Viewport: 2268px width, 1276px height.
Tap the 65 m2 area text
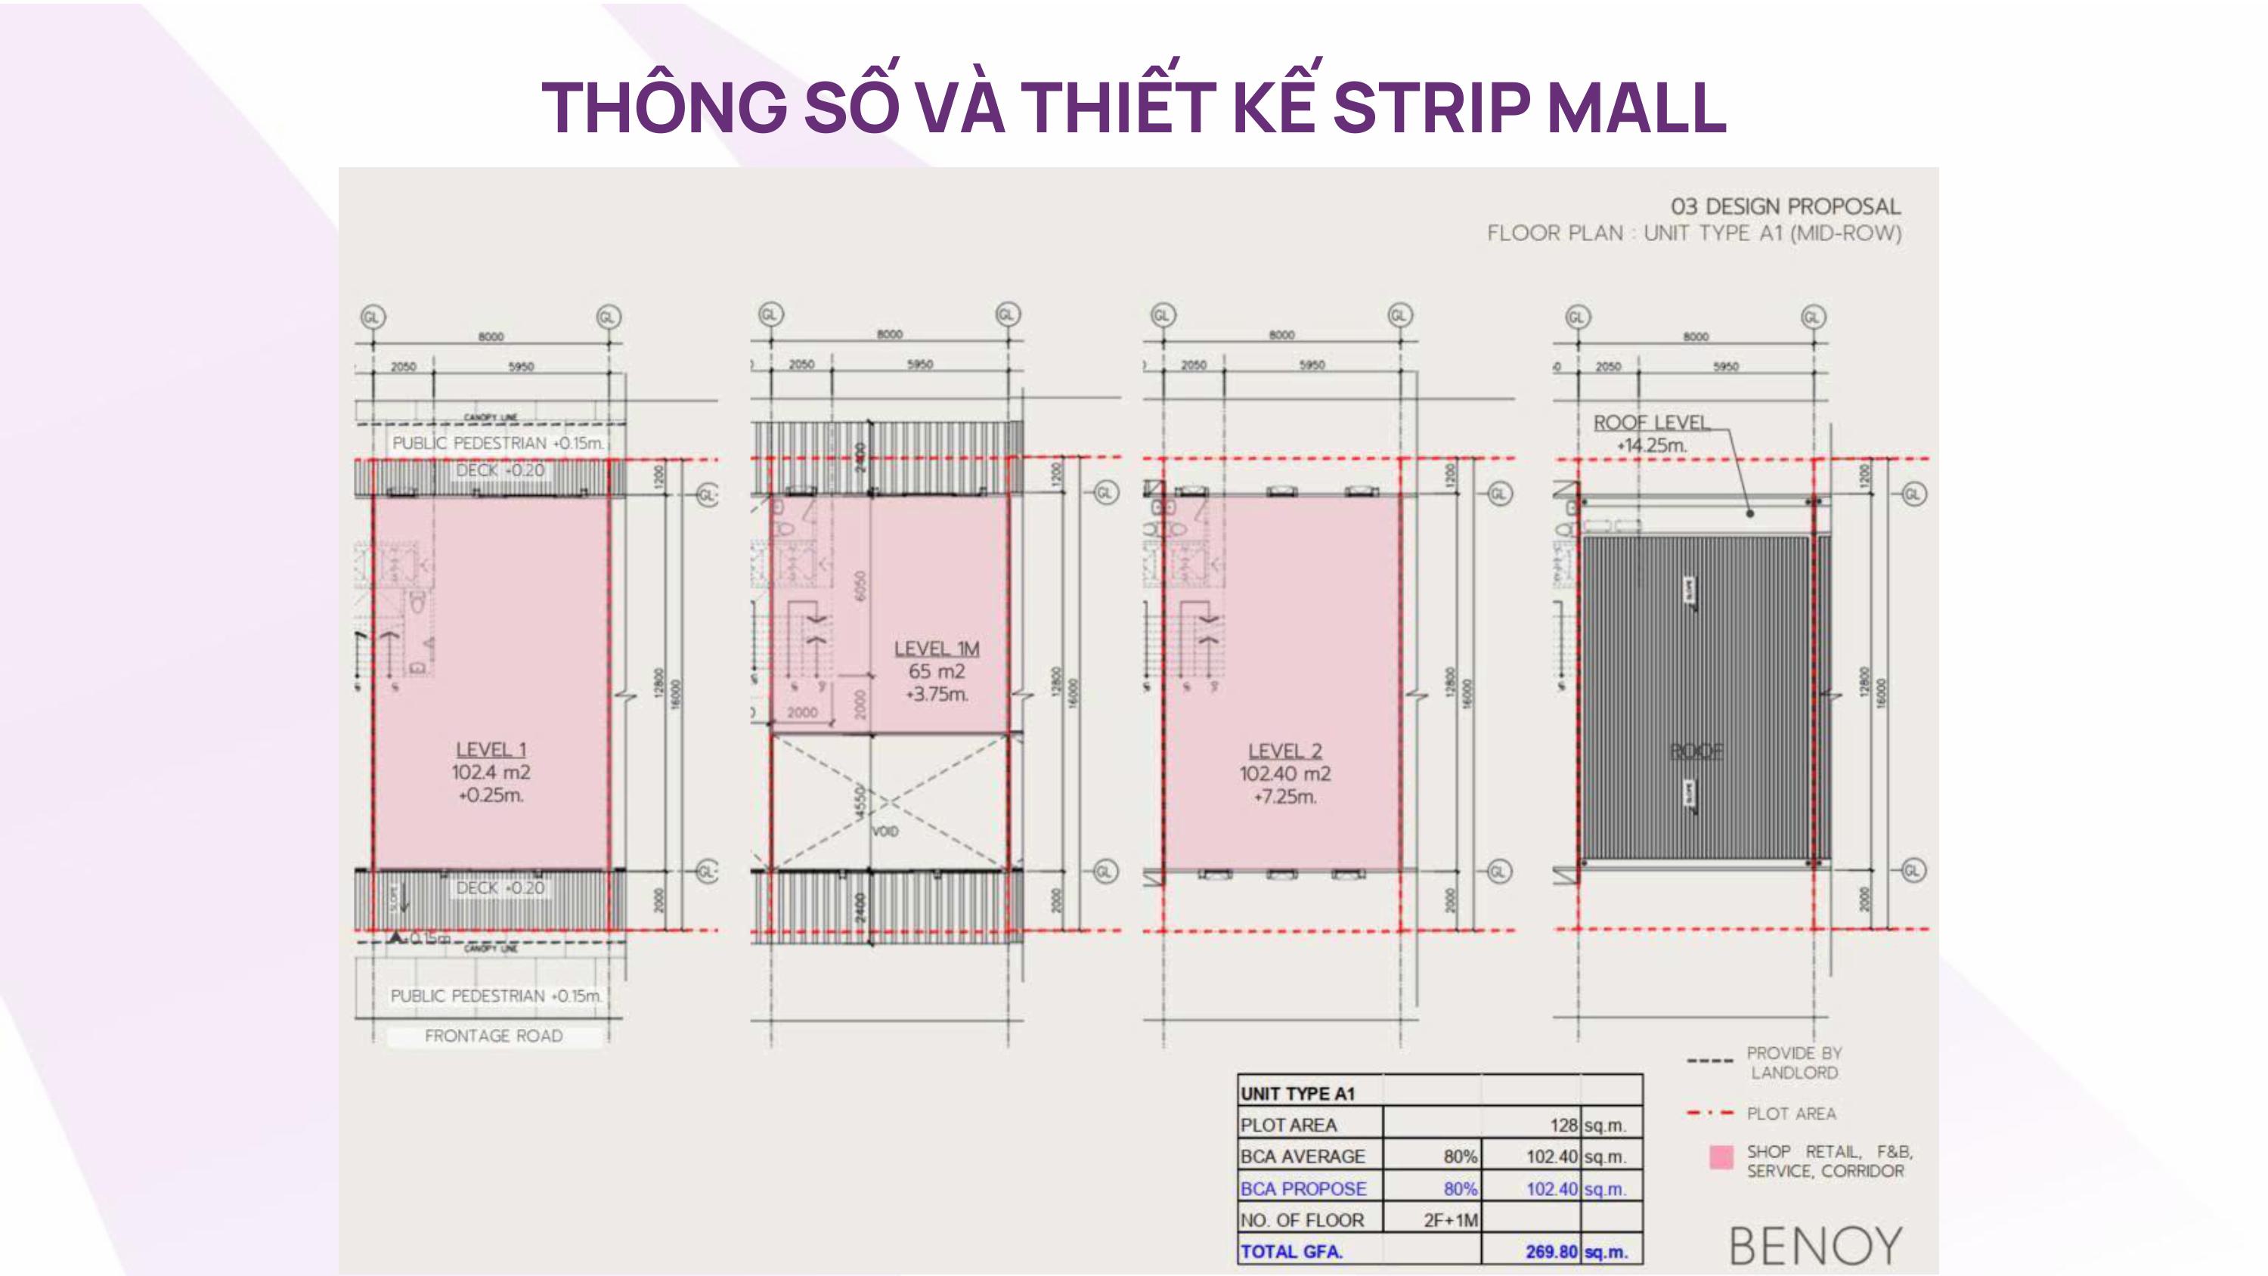[936, 671]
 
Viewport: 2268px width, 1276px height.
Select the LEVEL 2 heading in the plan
[1284, 751]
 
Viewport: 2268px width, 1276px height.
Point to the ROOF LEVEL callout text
[1651, 423]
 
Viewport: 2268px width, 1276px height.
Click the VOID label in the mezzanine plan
[885, 832]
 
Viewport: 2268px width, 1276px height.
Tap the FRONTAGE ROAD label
[493, 1036]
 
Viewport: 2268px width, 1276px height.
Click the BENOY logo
[1814, 1246]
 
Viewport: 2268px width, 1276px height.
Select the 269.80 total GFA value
[1551, 1251]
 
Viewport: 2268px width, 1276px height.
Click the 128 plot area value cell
[1563, 1125]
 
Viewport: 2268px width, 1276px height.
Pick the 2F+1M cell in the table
[1450, 1219]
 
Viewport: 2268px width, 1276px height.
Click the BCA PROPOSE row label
[1303, 1188]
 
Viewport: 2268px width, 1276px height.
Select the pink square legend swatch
[1721, 1157]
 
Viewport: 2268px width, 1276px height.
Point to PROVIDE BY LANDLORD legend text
[1793, 1063]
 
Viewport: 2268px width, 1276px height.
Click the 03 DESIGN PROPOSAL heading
[1785, 207]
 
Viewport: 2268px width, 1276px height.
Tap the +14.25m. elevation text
[1651, 445]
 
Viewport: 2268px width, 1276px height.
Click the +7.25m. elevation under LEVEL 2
[1284, 797]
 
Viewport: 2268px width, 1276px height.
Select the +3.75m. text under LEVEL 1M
[936, 694]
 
